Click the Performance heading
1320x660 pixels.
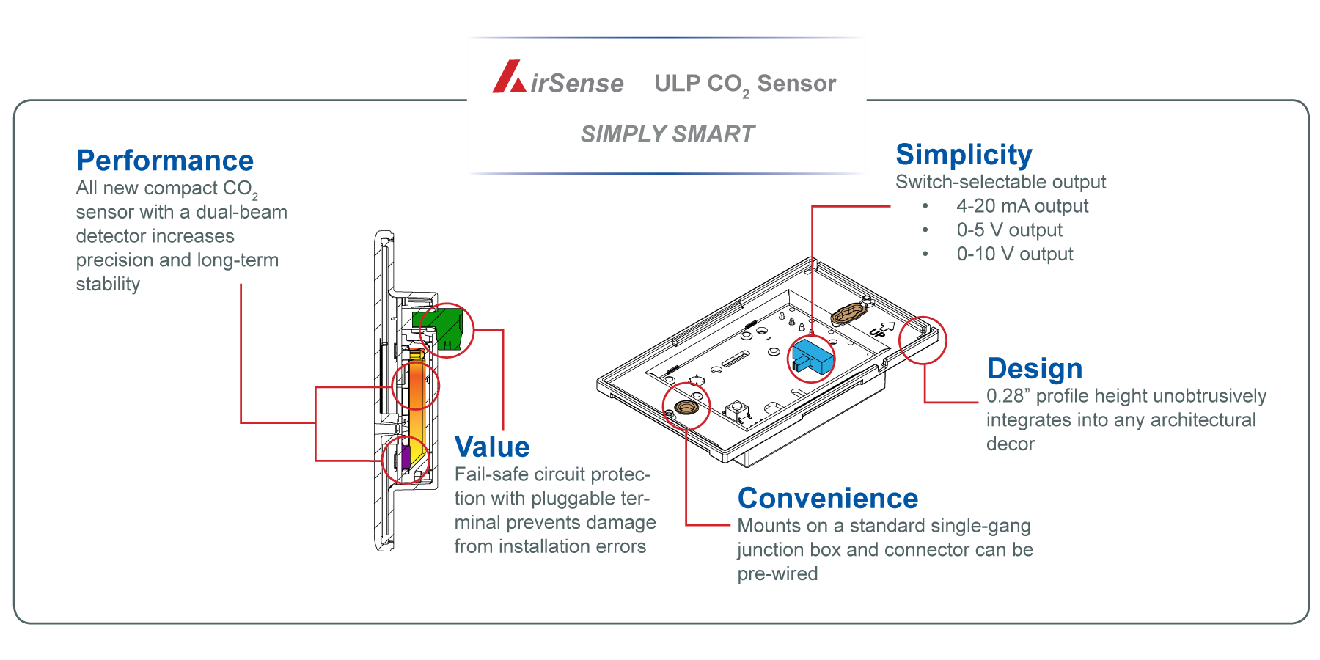click(x=165, y=161)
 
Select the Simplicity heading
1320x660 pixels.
click(x=964, y=155)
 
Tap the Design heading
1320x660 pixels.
click(x=1034, y=369)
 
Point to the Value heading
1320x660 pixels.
click(x=491, y=447)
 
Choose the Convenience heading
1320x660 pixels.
click(x=827, y=499)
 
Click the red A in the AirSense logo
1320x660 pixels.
click(x=508, y=78)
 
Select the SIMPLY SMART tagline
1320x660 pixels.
click(x=667, y=134)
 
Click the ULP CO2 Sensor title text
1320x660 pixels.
click(x=745, y=84)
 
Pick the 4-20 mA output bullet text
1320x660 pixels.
click(x=1022, y=206)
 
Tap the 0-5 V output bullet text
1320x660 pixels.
click(x=1009, y=230)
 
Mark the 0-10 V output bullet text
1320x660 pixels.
click(x=1015, y=254)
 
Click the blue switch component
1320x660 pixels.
click(x=812, y=357)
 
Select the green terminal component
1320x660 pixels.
click(x=440, y=328)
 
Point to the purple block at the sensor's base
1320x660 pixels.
click(x=406, y=457)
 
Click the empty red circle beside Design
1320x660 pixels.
click(x=923, y=340)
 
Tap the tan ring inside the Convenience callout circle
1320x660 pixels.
click(x=686, y=407)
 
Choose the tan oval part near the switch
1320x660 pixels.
click(x=848, y=314)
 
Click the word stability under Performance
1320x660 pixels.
click(x=108, y=285)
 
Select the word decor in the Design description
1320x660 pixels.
click(x=1011, y=444)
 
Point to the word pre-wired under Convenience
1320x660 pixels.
click(x=777, y=574)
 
